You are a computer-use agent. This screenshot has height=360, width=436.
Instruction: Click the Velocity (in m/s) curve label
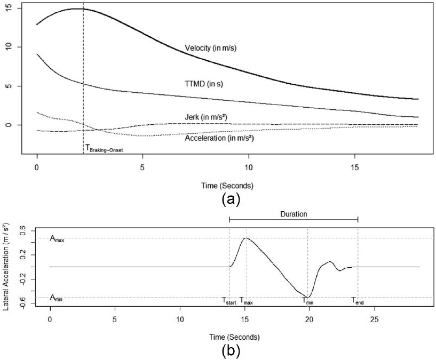[210, 48]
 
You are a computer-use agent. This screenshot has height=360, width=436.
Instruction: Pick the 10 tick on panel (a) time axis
[248, 166]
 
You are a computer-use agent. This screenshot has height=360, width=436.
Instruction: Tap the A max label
[57, 239]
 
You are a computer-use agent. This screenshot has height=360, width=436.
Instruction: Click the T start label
[229, 301]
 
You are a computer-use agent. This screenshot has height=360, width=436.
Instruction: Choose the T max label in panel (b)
[246, 301]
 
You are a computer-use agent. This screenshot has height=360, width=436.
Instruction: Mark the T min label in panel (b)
[308, 301]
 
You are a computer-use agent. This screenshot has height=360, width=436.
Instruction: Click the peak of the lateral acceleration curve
[246, 238]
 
